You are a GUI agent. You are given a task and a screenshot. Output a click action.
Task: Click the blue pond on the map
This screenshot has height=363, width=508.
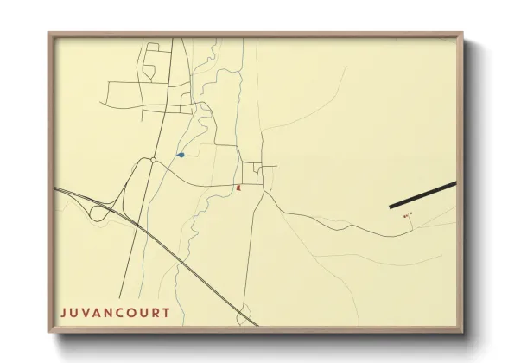181,155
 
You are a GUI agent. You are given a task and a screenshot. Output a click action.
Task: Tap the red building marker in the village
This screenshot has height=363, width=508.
238,186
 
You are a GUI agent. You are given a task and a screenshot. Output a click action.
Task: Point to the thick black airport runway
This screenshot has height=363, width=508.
422,195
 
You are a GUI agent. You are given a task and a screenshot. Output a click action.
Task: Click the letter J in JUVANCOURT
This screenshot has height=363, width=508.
63,312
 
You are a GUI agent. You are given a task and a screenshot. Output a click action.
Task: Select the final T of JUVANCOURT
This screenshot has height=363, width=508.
165,312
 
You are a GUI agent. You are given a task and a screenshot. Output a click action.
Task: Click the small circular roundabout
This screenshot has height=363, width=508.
153,160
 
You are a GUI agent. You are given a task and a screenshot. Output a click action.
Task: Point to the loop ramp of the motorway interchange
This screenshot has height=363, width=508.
99,211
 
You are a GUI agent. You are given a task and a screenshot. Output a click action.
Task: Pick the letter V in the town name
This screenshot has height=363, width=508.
85,312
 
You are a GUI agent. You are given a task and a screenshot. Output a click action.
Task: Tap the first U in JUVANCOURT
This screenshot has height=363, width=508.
73,312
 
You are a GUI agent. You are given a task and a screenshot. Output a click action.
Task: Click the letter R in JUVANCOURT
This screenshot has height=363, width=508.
154,312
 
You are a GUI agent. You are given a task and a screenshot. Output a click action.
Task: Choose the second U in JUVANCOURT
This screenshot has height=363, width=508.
143,312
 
